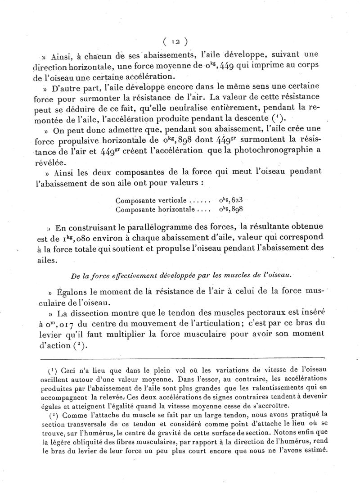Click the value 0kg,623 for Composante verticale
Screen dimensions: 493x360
pyautogui.click(x=234, y=201)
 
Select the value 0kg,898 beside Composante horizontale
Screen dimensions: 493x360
pyautogui.click(x=234, y=209)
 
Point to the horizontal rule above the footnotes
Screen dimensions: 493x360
pyautogui.click(x=180, y=358)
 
